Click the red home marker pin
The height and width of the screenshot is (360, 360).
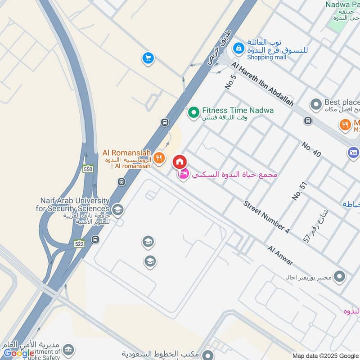(179, 162)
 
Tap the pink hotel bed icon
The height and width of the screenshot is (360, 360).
(183, 174)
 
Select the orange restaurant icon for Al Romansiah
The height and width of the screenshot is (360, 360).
(158, 158)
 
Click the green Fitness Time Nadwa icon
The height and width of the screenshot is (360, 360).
(193, 111)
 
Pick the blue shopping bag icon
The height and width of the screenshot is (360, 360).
(238, 47)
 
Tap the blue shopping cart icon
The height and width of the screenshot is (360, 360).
(148, 58)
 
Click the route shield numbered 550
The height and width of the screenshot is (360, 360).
(88, 169)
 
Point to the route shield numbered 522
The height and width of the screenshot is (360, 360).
(80, 243)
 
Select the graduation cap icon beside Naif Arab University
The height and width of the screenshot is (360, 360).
(117, 210)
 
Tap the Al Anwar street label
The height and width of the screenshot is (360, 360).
(280, 255)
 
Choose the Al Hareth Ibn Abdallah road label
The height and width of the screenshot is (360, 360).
(262, 84)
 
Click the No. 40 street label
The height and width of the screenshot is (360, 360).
(311, 149)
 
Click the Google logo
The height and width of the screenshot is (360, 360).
(19, 353)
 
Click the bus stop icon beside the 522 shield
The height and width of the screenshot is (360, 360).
(95, 239)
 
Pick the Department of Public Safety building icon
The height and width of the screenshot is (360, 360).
(68, 350)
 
